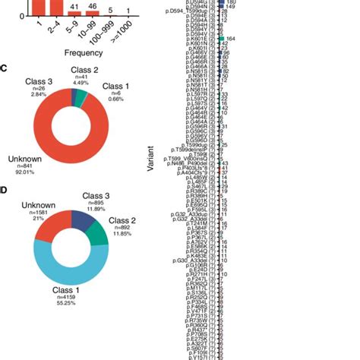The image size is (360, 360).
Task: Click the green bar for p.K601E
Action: (x=220, y=38)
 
